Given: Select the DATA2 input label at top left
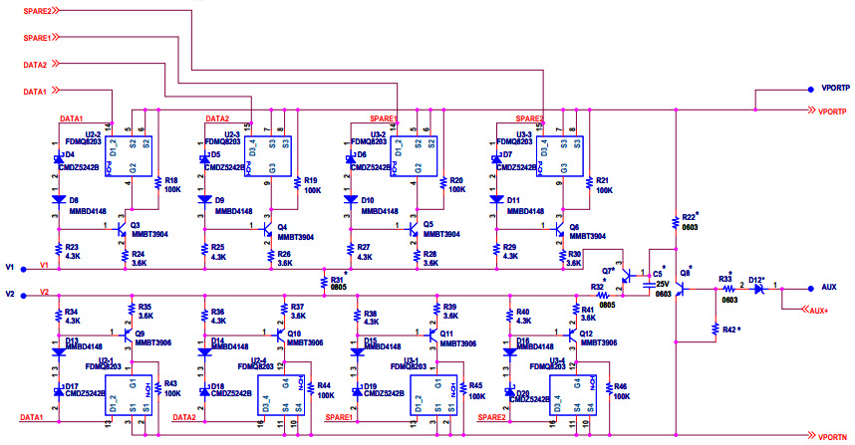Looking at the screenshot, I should point(35,65).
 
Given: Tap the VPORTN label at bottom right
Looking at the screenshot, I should point(832,436).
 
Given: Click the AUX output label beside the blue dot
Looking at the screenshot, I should point(829,286).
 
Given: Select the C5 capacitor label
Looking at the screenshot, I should point(658,272).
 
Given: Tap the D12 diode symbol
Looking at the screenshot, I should point(759,287).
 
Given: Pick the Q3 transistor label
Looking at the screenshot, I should point(136,225).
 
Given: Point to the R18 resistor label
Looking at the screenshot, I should point(171,179).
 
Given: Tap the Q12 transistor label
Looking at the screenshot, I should point(586,334).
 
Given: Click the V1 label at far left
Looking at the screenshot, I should point(10,267).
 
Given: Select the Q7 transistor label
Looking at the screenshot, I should point(608,271).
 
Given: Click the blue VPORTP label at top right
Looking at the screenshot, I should point(835,88).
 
